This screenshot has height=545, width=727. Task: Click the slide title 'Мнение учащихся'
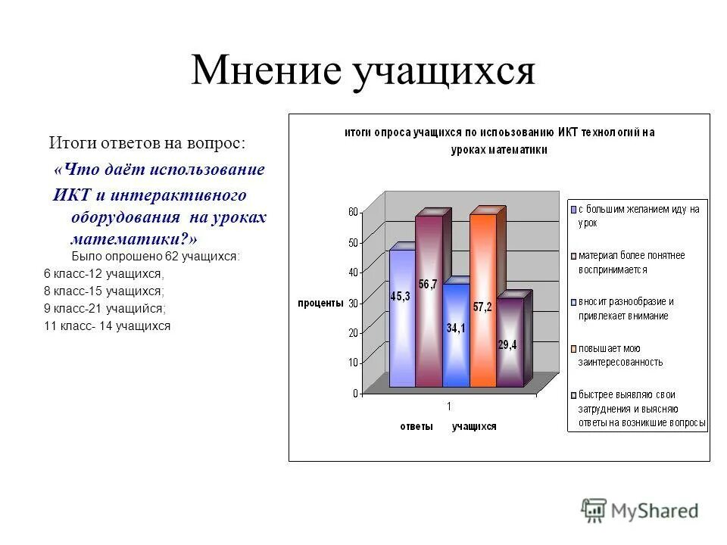[363, 72]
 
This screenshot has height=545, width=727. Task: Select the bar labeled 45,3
[401, 318]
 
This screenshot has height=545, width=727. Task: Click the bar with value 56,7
[428, 303]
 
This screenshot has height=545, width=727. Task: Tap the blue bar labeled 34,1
[455, 337]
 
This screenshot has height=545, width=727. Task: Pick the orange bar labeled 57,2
[482, 303]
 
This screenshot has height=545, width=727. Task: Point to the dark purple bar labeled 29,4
[509, 344]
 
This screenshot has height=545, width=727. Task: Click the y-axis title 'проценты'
[321, 303]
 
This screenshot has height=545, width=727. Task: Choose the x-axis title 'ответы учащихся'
[448, 426]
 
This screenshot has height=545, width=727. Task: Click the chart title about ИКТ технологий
[499, 141]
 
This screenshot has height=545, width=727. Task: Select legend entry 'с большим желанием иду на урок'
[638, 216]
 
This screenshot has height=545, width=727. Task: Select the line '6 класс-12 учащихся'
[104, 273]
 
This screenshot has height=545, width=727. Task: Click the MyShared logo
[640, 511]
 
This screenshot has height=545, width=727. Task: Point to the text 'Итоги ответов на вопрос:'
[148, 142]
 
